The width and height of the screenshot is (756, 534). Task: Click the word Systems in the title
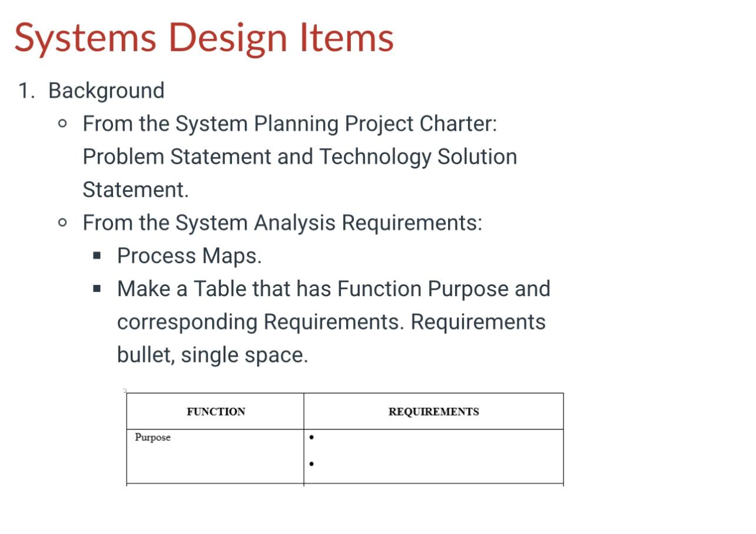[85, 37]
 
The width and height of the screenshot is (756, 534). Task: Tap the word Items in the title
[347, 37]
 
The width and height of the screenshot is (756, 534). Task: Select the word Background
[106, 91]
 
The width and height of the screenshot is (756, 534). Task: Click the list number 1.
[24, 91]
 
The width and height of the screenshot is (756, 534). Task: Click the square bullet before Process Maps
[97, 256]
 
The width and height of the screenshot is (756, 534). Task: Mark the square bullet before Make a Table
[97, 289]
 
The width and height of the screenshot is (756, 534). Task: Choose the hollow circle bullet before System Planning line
[63, 124]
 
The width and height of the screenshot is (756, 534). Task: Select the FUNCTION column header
[216, 412]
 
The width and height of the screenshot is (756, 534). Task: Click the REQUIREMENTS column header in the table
[433, 412]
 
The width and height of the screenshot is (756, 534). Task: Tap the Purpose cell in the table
[152, 437]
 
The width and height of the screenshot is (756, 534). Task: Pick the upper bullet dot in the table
[311, 437]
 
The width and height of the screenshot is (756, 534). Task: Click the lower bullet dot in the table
[311, 464]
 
